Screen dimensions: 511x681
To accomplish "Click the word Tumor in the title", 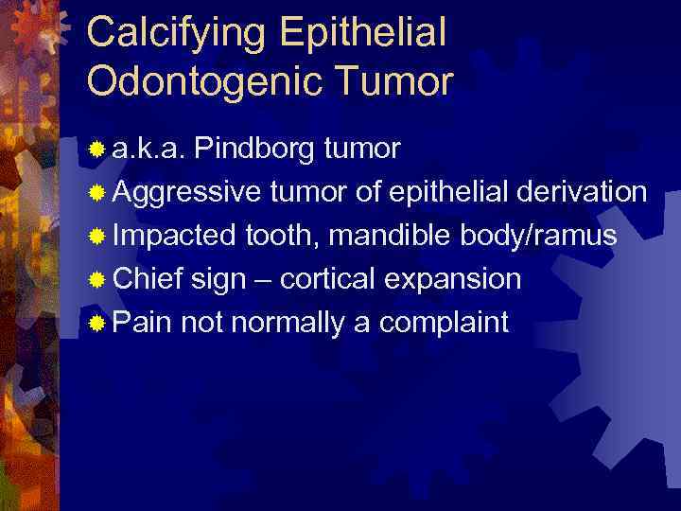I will coord(398,82).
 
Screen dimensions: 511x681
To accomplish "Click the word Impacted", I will coord(175,236).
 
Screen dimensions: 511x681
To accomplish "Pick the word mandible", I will coord(392,236).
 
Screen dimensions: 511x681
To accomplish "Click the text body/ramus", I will coord(538,236).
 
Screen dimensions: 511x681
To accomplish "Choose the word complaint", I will coord(444,323).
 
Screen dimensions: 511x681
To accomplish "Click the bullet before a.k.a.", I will coord(96,150).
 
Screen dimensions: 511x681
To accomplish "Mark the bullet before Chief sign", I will coord(96,280).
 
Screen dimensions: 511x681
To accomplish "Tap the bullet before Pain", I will coord(96,323).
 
